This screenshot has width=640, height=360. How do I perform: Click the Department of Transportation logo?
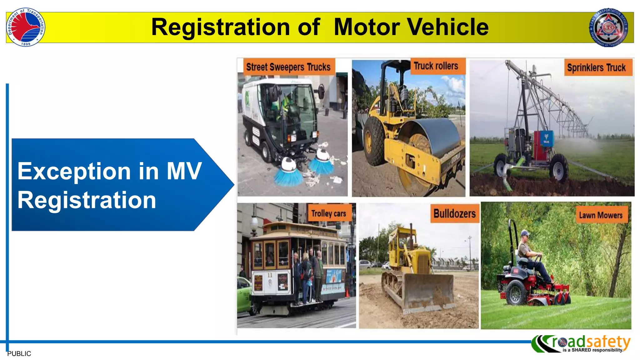[26, 27]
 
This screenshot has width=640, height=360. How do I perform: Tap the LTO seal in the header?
[609, 27]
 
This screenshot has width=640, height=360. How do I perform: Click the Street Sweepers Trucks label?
[288, 67]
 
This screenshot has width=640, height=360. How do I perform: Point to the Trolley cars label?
[328, 213]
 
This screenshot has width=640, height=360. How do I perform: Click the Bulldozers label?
[454, 214]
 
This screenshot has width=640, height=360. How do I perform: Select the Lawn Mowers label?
[601, 215]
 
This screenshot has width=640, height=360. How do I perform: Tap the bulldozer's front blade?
[428, 292]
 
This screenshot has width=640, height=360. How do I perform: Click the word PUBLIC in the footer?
[19, 353]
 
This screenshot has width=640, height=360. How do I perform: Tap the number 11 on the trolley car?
[270, 275]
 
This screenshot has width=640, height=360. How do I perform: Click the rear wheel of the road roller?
[374, 141]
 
